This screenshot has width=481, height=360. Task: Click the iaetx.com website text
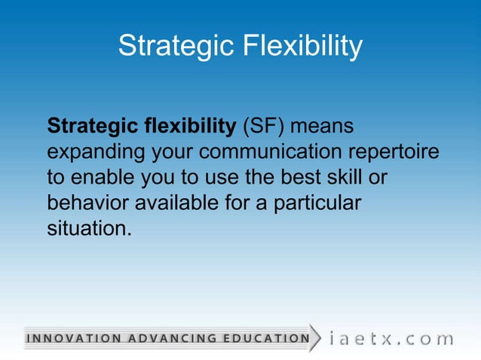(x=392, y=338)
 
